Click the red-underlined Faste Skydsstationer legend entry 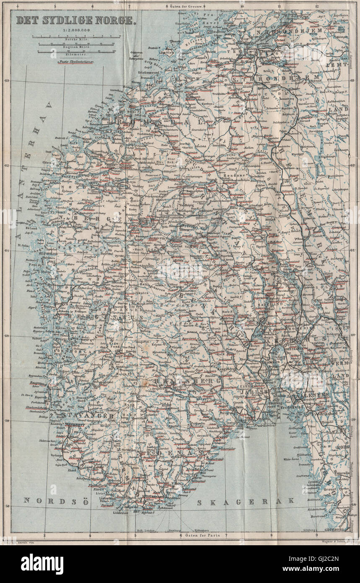[74, 62]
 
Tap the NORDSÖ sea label [44, 500]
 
